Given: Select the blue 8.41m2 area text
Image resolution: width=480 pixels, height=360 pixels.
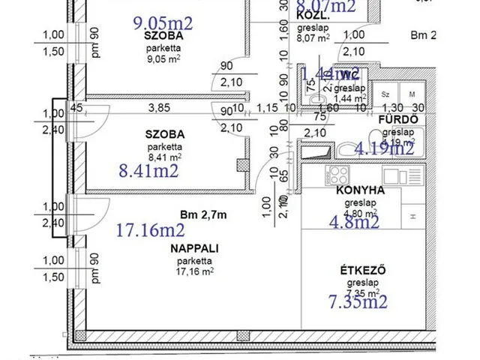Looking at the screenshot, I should tap(148, 172).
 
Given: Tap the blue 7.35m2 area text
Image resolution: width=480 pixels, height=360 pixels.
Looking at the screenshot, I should tap(358, 301).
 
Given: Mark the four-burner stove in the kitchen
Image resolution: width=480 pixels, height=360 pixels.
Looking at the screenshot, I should tap(334, 177).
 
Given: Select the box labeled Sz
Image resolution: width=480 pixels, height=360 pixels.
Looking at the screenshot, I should tap(385, 94).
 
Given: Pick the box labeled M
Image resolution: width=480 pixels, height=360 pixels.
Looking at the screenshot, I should tap(412, 94).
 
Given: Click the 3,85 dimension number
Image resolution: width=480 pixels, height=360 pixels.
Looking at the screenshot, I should tap(159, 108).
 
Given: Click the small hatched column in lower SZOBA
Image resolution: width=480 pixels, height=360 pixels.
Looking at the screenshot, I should tap(241, 164).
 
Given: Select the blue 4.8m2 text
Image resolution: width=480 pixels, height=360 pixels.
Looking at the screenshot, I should tap(355, 221).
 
